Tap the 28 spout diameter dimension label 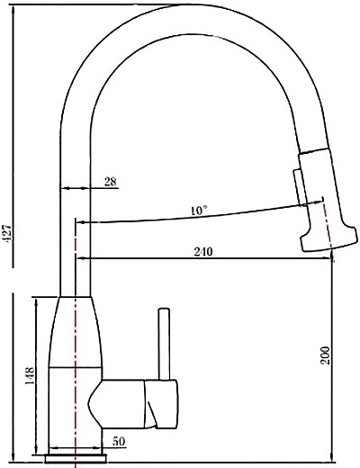click(111, 182)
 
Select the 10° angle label click(199, 211)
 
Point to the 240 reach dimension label click(203, 251)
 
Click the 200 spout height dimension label click(325, 355)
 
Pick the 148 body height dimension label click(30, 376)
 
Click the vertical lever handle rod click(164, 344)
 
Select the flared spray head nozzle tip click(329, 238)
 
